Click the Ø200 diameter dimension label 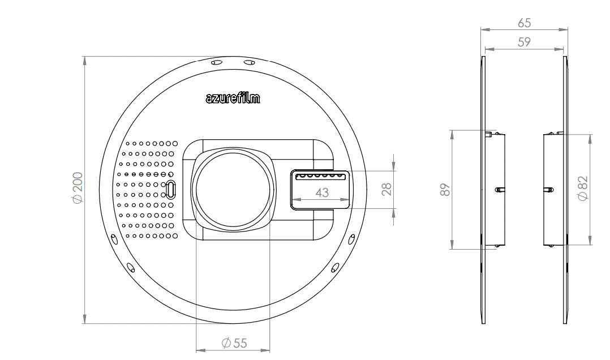78,187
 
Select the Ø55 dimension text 234,343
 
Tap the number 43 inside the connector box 322,192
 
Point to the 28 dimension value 386,189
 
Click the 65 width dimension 524,23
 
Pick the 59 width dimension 524,42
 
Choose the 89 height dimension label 446,190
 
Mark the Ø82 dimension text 583,188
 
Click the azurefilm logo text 233,97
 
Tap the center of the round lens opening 233,190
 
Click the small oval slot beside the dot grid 171,190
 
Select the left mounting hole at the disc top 216,62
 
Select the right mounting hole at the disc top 249,62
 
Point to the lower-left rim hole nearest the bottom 131,267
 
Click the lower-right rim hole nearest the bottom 335,267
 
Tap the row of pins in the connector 320,176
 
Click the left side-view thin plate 483,190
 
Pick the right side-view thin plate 565,190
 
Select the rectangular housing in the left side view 495,190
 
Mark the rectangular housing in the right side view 553,190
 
